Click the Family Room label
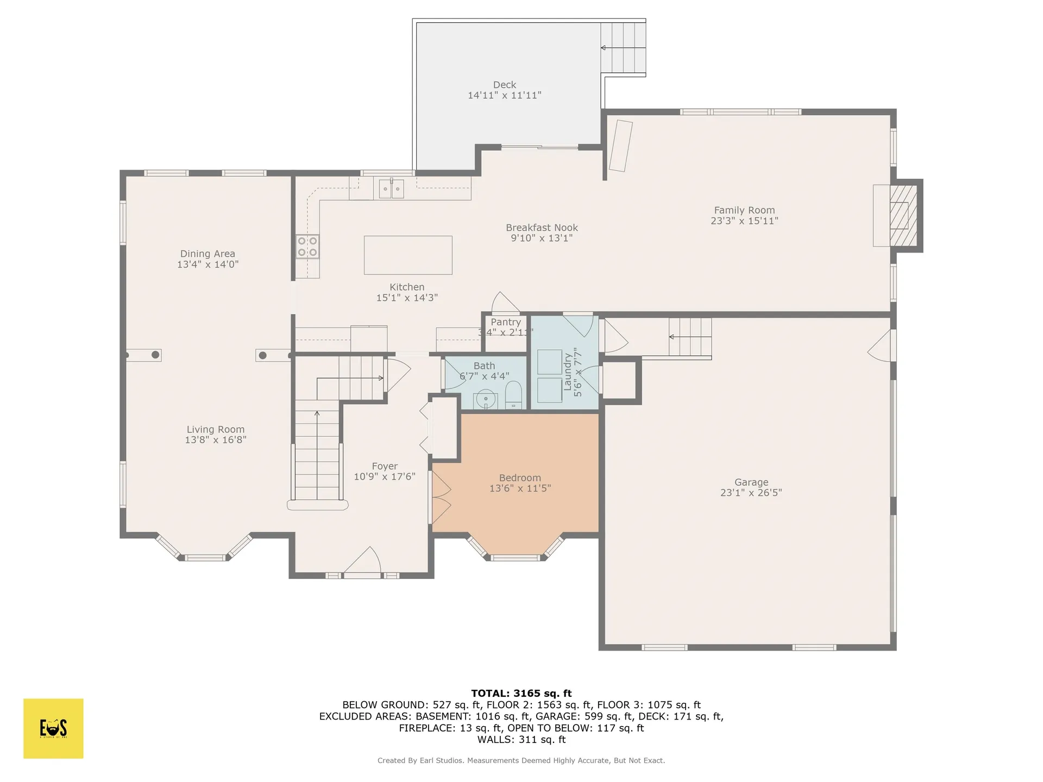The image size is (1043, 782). point(744,210)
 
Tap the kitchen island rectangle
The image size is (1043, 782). point(408,255)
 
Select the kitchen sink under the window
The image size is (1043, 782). point(391,189)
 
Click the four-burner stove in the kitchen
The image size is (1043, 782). point(307,246)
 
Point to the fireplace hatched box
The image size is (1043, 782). point(903,215)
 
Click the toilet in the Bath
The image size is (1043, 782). point(513,395)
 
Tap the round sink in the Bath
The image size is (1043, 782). point(485,400)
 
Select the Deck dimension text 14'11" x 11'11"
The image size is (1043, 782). point(505,96)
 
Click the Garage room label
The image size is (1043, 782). point(751,482)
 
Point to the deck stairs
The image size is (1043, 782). point(623,48)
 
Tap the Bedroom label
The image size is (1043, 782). point(520,478)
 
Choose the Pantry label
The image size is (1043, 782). point(506,322)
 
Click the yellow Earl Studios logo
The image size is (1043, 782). point(53,728)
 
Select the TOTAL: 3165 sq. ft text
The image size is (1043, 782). point(521,693)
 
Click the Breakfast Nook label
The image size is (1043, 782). point(542,228)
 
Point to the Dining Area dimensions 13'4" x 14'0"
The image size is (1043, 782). point(208,264)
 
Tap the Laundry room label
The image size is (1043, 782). point(568,372)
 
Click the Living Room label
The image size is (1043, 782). point(216,430)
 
